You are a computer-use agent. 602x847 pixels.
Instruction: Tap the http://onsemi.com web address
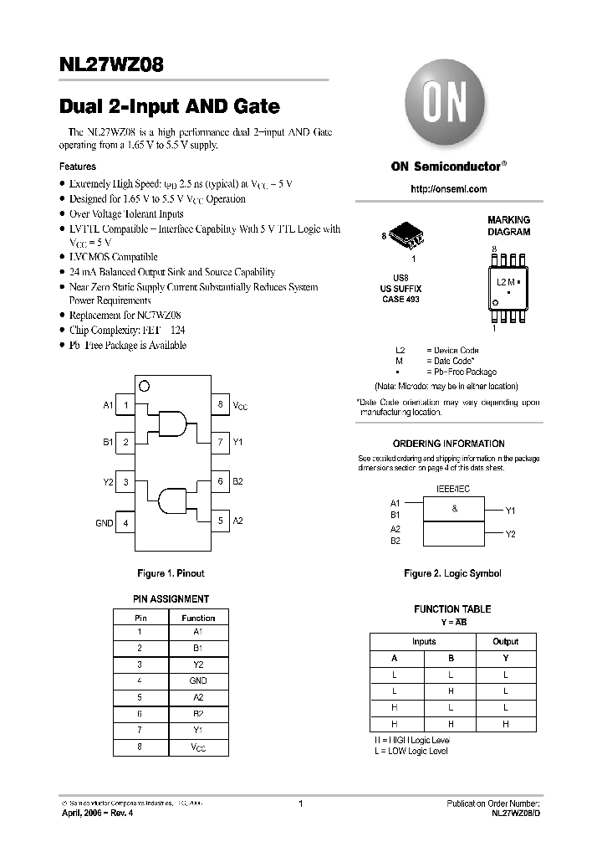[x=449, y=189]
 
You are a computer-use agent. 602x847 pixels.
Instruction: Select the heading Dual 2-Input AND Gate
[x=170, y=107]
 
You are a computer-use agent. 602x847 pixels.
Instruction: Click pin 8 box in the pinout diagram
[x=219, y=405]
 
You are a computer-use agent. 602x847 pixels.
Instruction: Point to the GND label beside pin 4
[x=104, y=523]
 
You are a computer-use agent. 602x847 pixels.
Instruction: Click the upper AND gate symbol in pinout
[x=172, y=423]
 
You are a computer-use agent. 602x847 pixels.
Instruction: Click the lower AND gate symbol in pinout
[x=173, y=500]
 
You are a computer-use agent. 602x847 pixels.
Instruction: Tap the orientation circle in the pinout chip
[x=144, y=386]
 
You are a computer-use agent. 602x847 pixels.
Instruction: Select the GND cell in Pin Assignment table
[x=198, y=680]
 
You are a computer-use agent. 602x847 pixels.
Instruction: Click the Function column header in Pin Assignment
[x=198, y=618]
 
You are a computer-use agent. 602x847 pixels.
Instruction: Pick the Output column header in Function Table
[x=505, y=642]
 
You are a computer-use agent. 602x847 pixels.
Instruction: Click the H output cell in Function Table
[x=505, y=724]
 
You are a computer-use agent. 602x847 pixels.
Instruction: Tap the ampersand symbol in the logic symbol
[x=455, y=509]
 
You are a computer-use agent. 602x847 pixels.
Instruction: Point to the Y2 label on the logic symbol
[x=511, y=533]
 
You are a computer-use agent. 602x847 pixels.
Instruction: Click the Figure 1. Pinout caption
[x=171, y=573]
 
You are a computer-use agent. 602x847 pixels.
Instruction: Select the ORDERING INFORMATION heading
[x=449, y=444]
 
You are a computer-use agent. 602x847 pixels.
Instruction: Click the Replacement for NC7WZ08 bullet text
[x=122, y=316]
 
